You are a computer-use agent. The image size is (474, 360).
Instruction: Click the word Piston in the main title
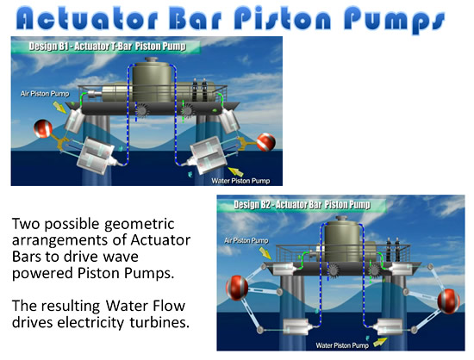pyautogui.click(x=283, y=19)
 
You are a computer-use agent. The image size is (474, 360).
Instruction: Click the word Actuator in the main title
pyautogui.click(x=87, y=19)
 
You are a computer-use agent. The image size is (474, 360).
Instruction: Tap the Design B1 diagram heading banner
pyautogui.click(x=106, y=47)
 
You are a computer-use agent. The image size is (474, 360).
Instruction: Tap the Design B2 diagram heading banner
pyautogui.click(x=302, y=205)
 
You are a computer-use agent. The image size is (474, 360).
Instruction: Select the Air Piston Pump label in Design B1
pyautogui.click(x=45, y=94)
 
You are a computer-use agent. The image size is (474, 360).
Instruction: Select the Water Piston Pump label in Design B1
pyautogui.click(x=240, y=181)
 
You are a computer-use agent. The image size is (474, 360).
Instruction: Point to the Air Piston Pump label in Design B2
pyautogui.click(x=246, y=240)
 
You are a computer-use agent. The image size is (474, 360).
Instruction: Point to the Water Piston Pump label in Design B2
pyautogui.click(x=342, y=344)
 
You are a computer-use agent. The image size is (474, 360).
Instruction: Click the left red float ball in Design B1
pyautogui.click(x=43, y=128)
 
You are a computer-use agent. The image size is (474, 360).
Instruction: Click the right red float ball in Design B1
pyautogui.click(x=266, y=142)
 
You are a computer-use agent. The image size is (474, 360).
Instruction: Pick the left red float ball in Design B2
pyautogui.click(x=237, y=288)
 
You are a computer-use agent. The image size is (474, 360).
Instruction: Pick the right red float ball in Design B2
pyautogui.click(x=449, y=301)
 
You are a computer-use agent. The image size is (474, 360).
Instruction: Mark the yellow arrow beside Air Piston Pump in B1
pyautogui.click(x=59, y=107)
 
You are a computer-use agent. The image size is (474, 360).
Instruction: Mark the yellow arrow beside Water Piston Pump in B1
pyautogui.click(x=236, y=171)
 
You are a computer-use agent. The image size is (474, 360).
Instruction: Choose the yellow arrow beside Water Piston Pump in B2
pyautogui.click(x=380, y=342)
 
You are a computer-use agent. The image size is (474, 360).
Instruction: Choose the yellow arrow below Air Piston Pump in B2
pyautogui.click(x=265, y=253)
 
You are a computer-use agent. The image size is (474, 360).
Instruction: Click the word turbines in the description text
pyautogui.click(x=159, y=322)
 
